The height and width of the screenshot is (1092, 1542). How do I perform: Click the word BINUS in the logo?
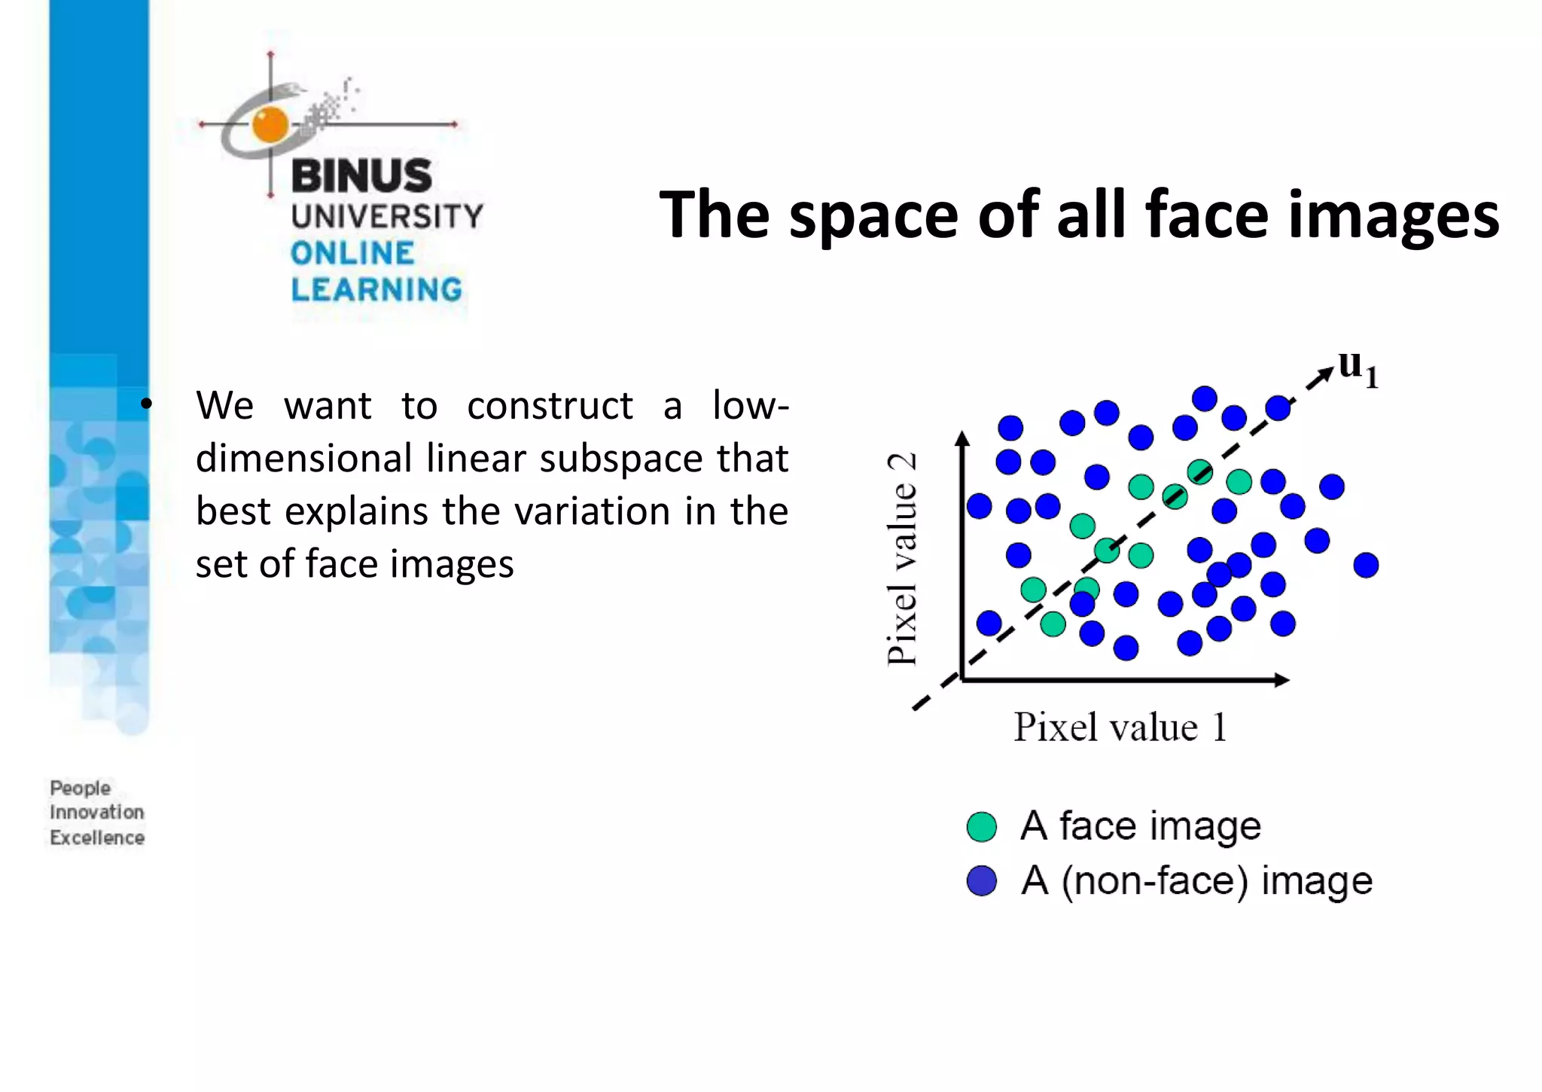pyautogui.click(x=361, y=176)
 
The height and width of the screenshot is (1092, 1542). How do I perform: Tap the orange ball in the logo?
pyautogui.click(x=270, y=124)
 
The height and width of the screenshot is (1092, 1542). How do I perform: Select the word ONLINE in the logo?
pyautogui.click(x=352, y=253)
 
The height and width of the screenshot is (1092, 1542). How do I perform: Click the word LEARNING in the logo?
pyautogui.click(x=376, y=290)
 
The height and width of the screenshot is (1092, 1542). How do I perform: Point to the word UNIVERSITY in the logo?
pyautogui.click(x=387, y=216)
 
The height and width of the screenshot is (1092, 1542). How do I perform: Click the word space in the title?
pyautogui.click(x=873, y=217)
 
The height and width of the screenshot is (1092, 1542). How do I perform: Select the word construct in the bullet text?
pyautogui.click(x=550, y=406)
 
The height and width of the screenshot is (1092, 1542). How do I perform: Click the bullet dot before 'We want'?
pyautogui.click(x=146, y=404)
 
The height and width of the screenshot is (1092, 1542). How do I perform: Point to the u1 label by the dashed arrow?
pyautogui.click(x=1358, y=369)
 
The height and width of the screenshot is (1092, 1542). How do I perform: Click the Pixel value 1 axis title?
pyautogui.click(x=1120, y=727)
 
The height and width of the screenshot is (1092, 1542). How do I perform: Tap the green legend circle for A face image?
pyautogui.click(x=982, y=826)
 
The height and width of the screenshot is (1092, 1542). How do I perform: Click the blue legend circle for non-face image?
pyautogui.click(x=982, y=880)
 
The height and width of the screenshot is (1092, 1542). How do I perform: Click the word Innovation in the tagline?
pyautogui.click(x=96, y=813)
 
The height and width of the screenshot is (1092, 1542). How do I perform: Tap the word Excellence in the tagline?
pyautogui.click(x=96, y=837)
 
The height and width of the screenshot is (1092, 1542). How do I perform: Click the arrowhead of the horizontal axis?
pyautogui.click(x=1282, y=680)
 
